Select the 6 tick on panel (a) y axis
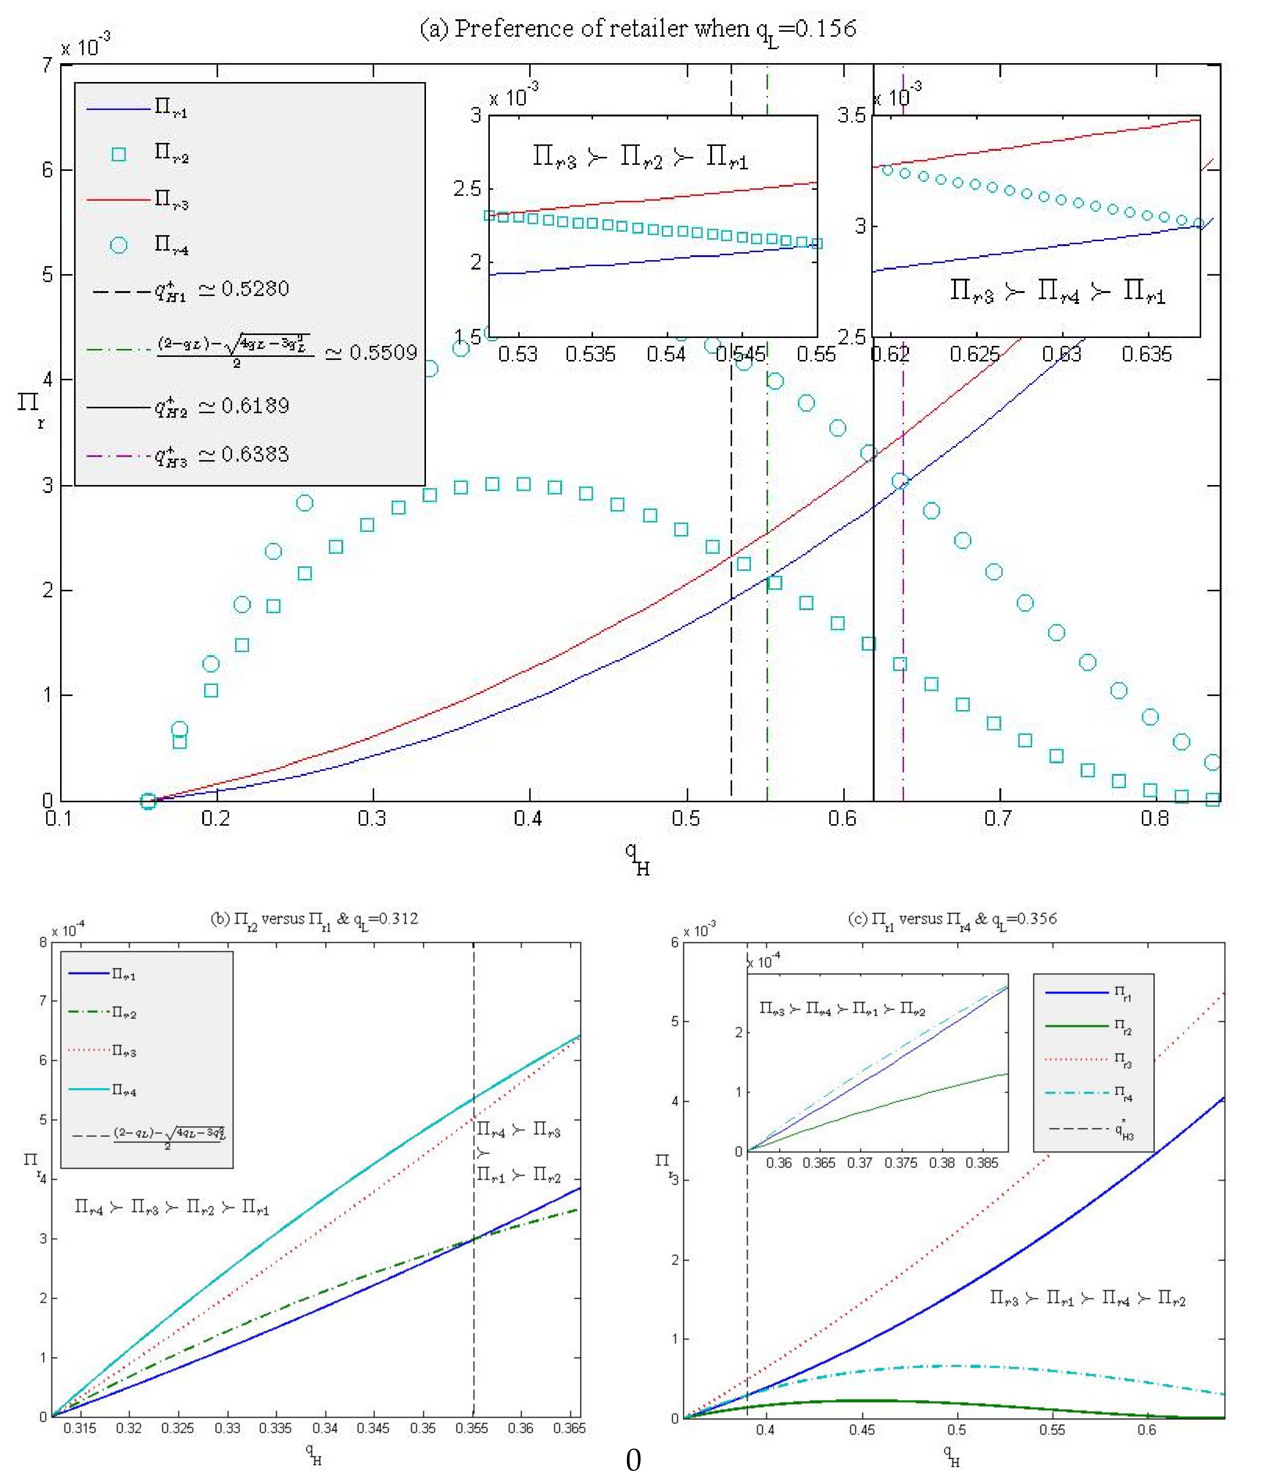(x=47, y=170)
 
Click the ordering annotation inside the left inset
(x=640, y=157)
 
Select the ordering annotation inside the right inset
(x=1057, y=292)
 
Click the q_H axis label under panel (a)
(x=636, y=858)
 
